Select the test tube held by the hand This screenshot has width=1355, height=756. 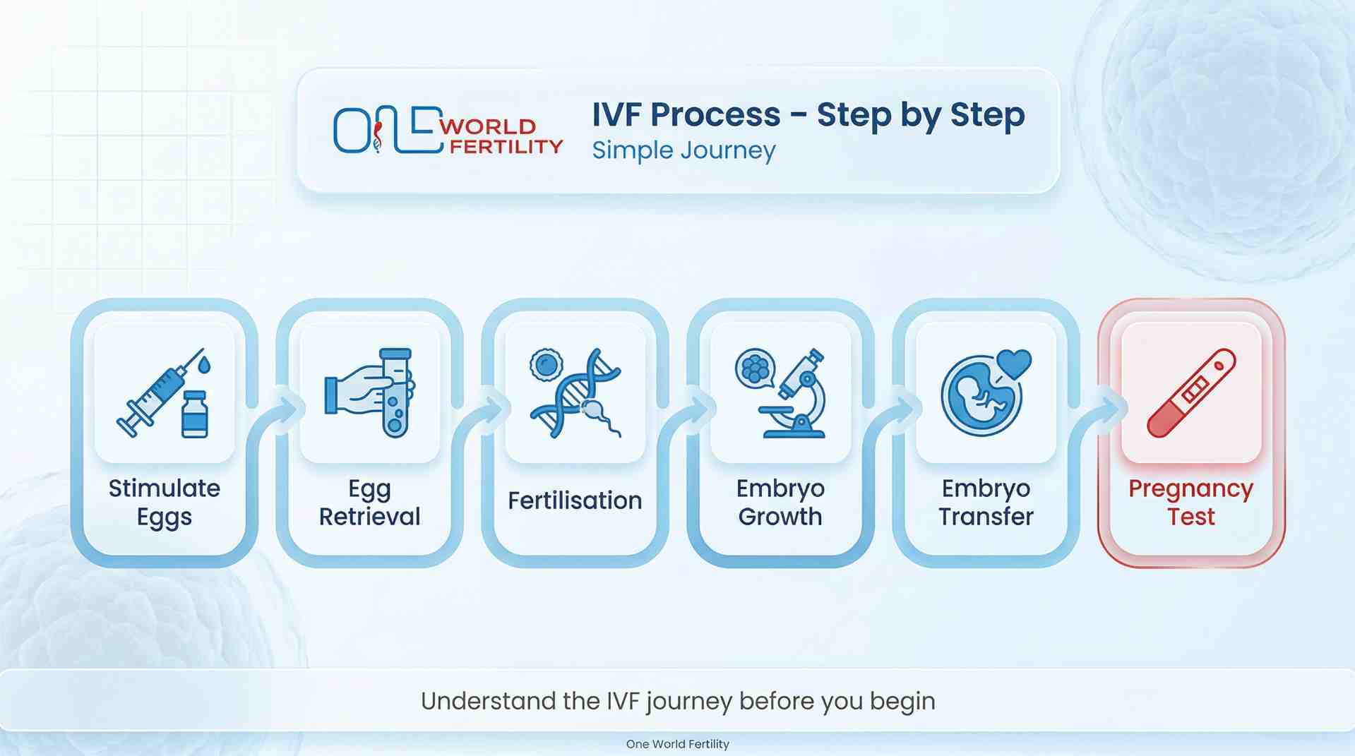click(395, 392)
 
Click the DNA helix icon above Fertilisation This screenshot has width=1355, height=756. click(575, 392)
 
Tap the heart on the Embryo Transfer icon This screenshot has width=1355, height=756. click(1015, 363)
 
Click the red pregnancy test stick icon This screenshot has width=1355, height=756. click(1191, 392)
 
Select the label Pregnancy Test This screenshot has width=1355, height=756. click(1190, 502)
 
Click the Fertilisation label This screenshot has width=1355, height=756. click(575, 500)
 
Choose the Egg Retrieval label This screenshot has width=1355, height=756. click(369, 502)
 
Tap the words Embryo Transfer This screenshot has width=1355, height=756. click(986, 502)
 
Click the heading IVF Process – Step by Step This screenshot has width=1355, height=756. click(808, 114)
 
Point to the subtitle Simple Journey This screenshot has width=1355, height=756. click(683, 150)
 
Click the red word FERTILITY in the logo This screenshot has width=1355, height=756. click(506, 146)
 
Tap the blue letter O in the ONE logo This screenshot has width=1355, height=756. click(351, 131)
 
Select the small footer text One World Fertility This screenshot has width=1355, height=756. click(677, 743)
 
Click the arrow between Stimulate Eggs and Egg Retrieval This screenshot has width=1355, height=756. click(288, 408)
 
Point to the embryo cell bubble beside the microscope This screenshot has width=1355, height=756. click(754, 368)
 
